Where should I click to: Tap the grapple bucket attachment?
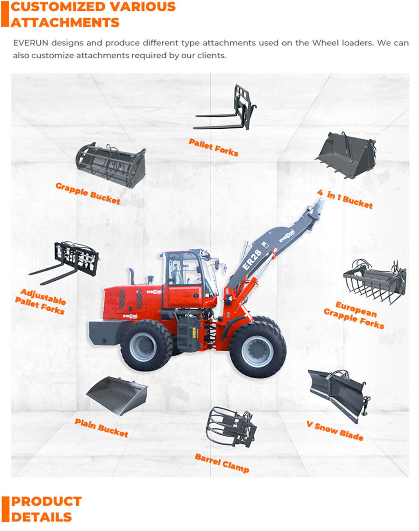111,165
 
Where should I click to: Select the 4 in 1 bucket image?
346,155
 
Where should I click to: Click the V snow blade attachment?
339,394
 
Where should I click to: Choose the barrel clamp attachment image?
231,427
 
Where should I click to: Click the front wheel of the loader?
258,350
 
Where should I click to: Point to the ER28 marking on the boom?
252,260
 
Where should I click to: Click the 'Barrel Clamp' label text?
222,463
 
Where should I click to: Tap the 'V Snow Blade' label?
335,431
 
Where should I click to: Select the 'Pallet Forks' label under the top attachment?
213,147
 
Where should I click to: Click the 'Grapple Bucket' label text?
88,193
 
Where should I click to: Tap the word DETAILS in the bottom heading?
42,517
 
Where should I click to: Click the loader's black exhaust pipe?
132,276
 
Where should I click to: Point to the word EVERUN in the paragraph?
31,43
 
